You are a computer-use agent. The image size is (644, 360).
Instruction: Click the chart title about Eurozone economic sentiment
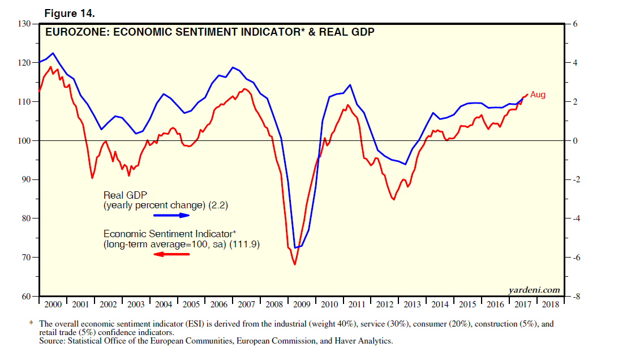[210, 32]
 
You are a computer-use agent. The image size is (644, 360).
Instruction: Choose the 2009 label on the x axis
[302, 305]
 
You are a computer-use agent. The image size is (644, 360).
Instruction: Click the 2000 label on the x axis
[53, 305]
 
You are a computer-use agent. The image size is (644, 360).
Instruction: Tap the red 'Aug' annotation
[538, 95]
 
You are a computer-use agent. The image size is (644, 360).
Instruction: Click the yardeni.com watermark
[534, 290]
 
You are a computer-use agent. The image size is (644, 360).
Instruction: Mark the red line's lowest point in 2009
[295, 264]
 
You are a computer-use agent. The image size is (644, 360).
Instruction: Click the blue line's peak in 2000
[53, 53]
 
